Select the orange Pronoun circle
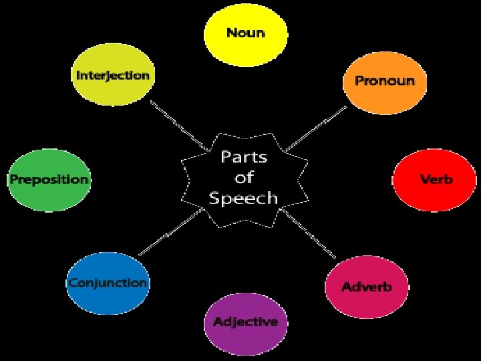point(384,82)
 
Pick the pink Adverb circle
point(366,287)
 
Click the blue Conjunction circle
point(108,283)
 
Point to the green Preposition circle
point(48,180)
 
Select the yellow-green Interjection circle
point(112,75)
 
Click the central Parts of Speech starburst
point(245,177)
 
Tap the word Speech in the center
point(243,198)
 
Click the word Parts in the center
point(244,158)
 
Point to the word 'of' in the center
point(243,178)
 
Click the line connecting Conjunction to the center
point(170,232)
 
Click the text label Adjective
point(245,322)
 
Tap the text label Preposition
point(48,179)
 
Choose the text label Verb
point(436,179)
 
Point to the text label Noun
point(245,32)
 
